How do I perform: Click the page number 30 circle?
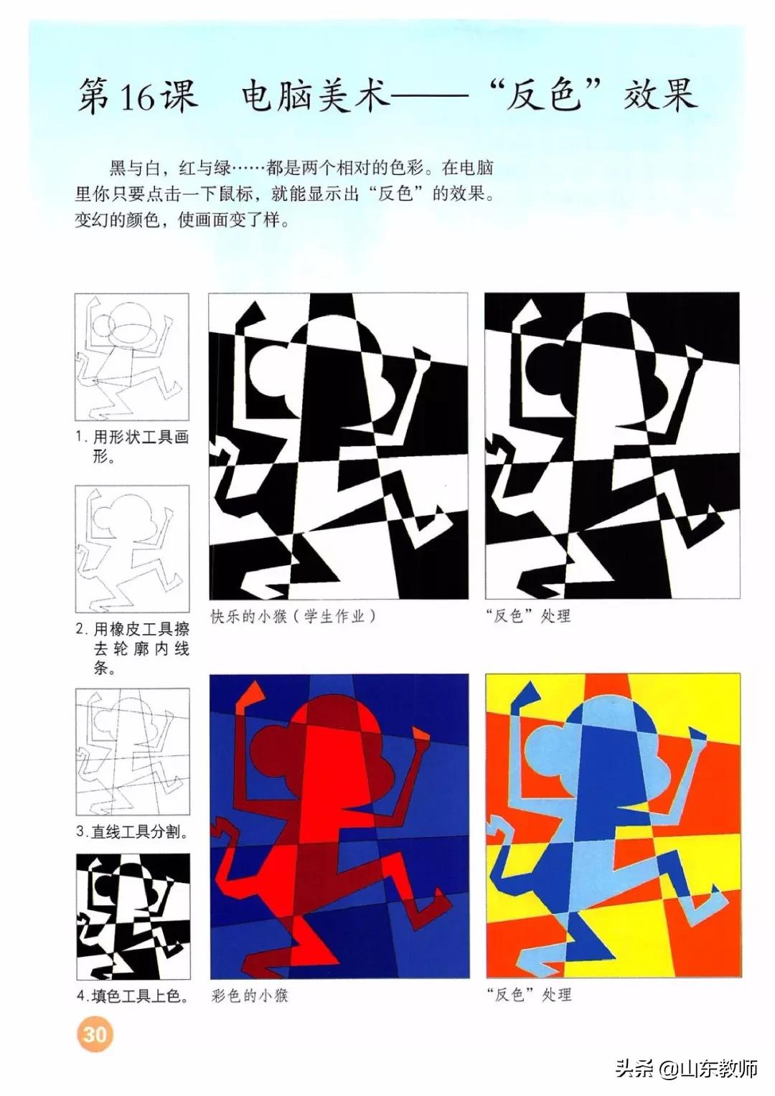click(95, 1034)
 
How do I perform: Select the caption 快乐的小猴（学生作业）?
click(293, 616)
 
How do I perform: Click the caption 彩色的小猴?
click(250, 995)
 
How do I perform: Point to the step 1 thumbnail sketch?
click(132, 356)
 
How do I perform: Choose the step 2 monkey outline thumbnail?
click(132, 549)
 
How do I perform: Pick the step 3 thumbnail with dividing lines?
click(132, 751)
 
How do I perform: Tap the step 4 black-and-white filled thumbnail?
click(132, 917)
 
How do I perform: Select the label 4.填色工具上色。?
click(132, 996)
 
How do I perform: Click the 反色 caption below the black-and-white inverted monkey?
click(527, 616)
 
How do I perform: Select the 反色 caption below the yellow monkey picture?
click(528, 995)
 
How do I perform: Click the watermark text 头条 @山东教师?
click(686, 1069)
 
